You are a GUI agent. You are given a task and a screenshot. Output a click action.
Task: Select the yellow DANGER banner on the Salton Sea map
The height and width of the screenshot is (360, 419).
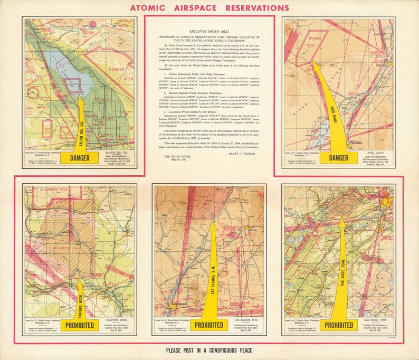(x=80, y=157)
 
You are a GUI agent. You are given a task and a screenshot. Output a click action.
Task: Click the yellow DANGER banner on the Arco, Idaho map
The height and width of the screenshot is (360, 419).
(x=339, y=157)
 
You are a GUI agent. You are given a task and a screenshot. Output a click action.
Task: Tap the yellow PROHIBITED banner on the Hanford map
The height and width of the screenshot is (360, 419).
(x=80, y=325)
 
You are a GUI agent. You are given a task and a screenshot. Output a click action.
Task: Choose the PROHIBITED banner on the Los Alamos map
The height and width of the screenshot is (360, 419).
(x=209, y=325)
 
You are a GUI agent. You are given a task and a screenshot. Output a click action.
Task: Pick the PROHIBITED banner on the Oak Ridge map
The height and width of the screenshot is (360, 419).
(x=339, y=325)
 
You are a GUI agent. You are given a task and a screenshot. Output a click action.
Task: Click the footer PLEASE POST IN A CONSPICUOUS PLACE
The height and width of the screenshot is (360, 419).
(x=208, y=350)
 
